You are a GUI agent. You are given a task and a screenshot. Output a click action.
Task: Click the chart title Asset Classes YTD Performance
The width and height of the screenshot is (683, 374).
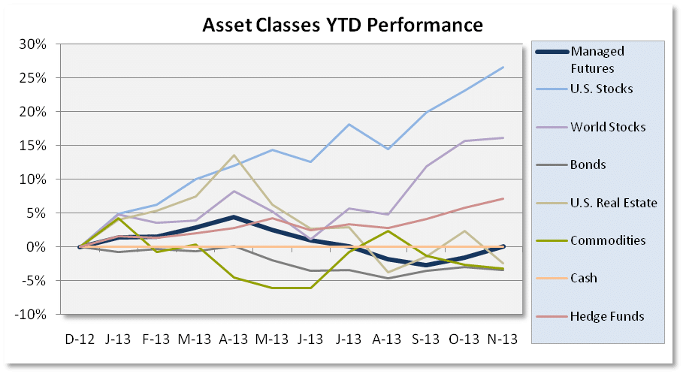click(x=342, y=25)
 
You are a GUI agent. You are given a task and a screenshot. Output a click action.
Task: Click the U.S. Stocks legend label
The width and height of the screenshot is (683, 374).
click(x=602, y=89)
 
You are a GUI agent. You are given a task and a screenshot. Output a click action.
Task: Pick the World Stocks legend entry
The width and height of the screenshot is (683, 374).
click(x=608, y=127)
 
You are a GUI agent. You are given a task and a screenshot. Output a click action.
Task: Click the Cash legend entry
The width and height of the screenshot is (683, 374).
click(x=584, y=278)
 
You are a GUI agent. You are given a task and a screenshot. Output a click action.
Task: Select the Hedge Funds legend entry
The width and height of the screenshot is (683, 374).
click(x=607, y=316)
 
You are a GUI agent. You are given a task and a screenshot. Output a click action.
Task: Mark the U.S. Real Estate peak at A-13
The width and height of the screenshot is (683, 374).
click(x=234, y=155)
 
